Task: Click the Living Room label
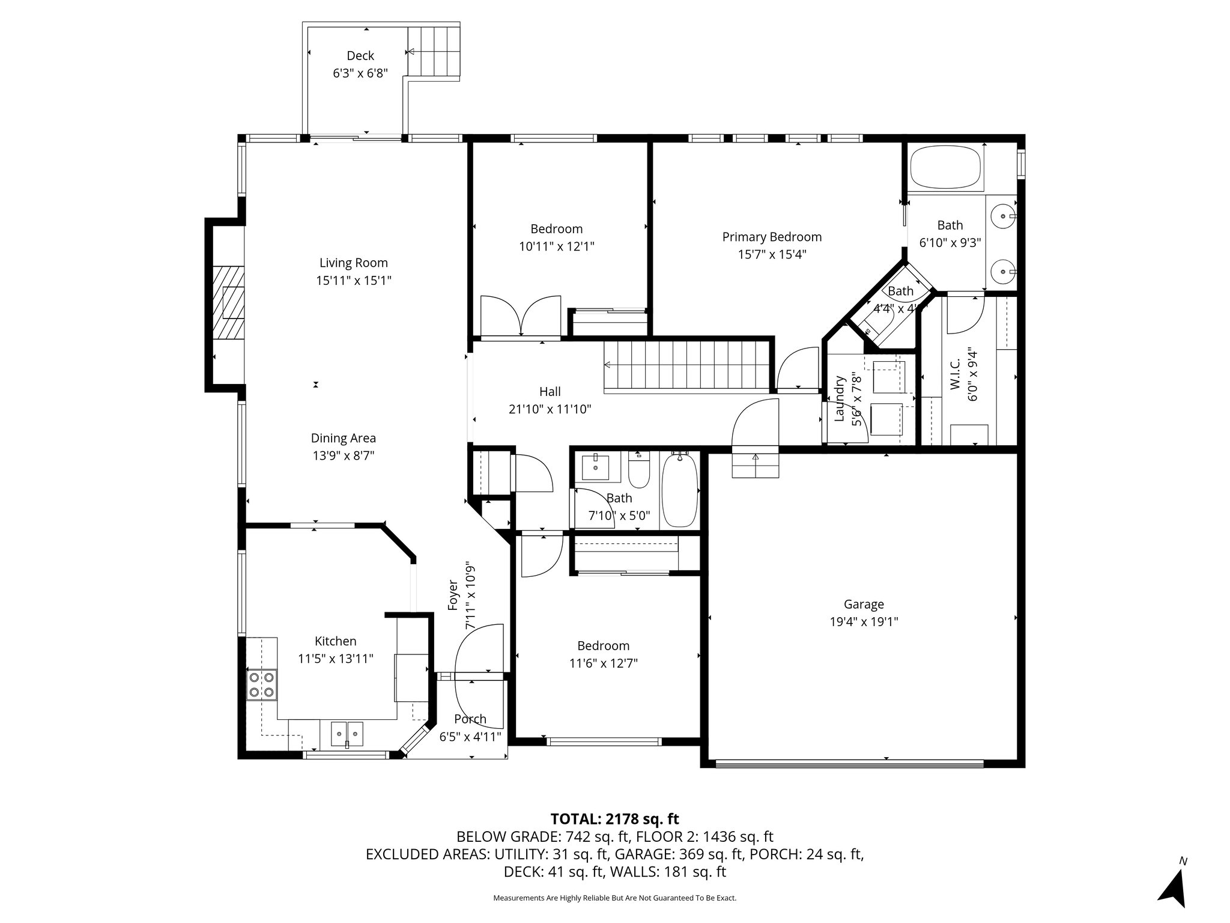pos(353,263)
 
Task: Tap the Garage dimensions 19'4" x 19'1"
pos(864,622)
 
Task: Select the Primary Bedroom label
pos(772,237)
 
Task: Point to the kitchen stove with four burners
pos(262,684)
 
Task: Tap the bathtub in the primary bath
pos(946,169)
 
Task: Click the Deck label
pos(360,56)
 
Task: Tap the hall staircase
pos(686,365)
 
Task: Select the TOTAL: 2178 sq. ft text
pos(614,818)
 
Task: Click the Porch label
pos(470,719)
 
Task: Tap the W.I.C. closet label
pos(956,374)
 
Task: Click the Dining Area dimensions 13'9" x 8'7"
pos(344,455)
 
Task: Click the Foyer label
pos(453,595)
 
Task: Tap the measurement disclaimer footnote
pos(614,898)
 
